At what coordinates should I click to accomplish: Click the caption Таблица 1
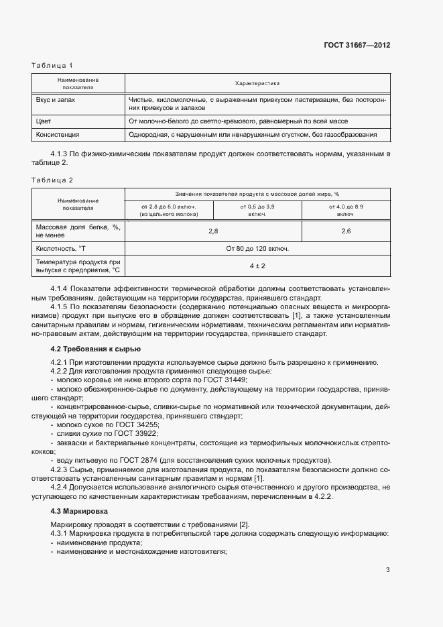52,65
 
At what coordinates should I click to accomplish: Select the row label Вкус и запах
56,99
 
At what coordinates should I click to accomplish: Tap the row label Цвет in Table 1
44,121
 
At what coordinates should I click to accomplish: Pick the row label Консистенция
58,135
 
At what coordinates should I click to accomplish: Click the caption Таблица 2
52,180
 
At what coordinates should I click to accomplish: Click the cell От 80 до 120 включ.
257,248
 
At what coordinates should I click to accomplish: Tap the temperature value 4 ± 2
257,266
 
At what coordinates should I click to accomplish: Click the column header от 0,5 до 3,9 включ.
257,210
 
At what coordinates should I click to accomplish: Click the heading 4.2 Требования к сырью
95,349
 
